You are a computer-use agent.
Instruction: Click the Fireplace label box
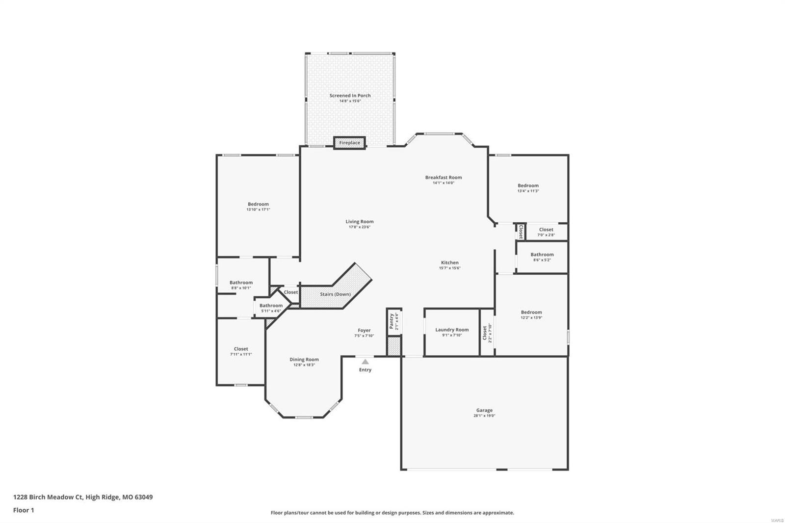click(350, 143)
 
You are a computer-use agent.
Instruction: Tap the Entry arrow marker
click(365, 362)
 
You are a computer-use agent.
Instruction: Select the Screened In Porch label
click(350, 96)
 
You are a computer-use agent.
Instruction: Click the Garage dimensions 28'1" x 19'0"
click(484, 416)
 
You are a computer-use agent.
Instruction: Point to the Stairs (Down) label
click(335, 294)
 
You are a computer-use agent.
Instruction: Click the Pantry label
click(392, 321)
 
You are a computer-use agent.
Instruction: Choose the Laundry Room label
click(452, 330)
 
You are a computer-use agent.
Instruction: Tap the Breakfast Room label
click(443, 178)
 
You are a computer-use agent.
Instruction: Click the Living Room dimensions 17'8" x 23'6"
click(359, 227)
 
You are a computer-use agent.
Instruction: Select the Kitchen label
click(449, 263)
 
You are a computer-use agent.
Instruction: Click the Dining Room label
click(304, 360)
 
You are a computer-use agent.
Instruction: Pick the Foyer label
click(364, 331)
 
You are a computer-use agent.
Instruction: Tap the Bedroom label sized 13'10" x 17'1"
click(258, 204)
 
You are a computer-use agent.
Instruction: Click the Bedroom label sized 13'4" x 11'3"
click(528, 185)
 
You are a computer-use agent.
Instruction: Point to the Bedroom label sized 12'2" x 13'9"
click(531, 312)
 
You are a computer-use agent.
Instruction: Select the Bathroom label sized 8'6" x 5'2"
click(542, 255)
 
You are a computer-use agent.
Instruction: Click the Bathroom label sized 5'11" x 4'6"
click(271, 306)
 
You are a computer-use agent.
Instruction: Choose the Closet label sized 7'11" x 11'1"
click(241, 349)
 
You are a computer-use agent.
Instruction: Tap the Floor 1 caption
click(24, 510)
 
